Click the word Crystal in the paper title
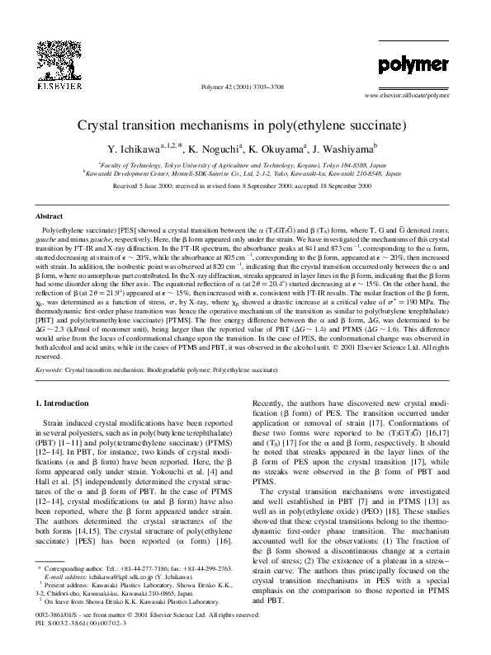pos(102,128)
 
